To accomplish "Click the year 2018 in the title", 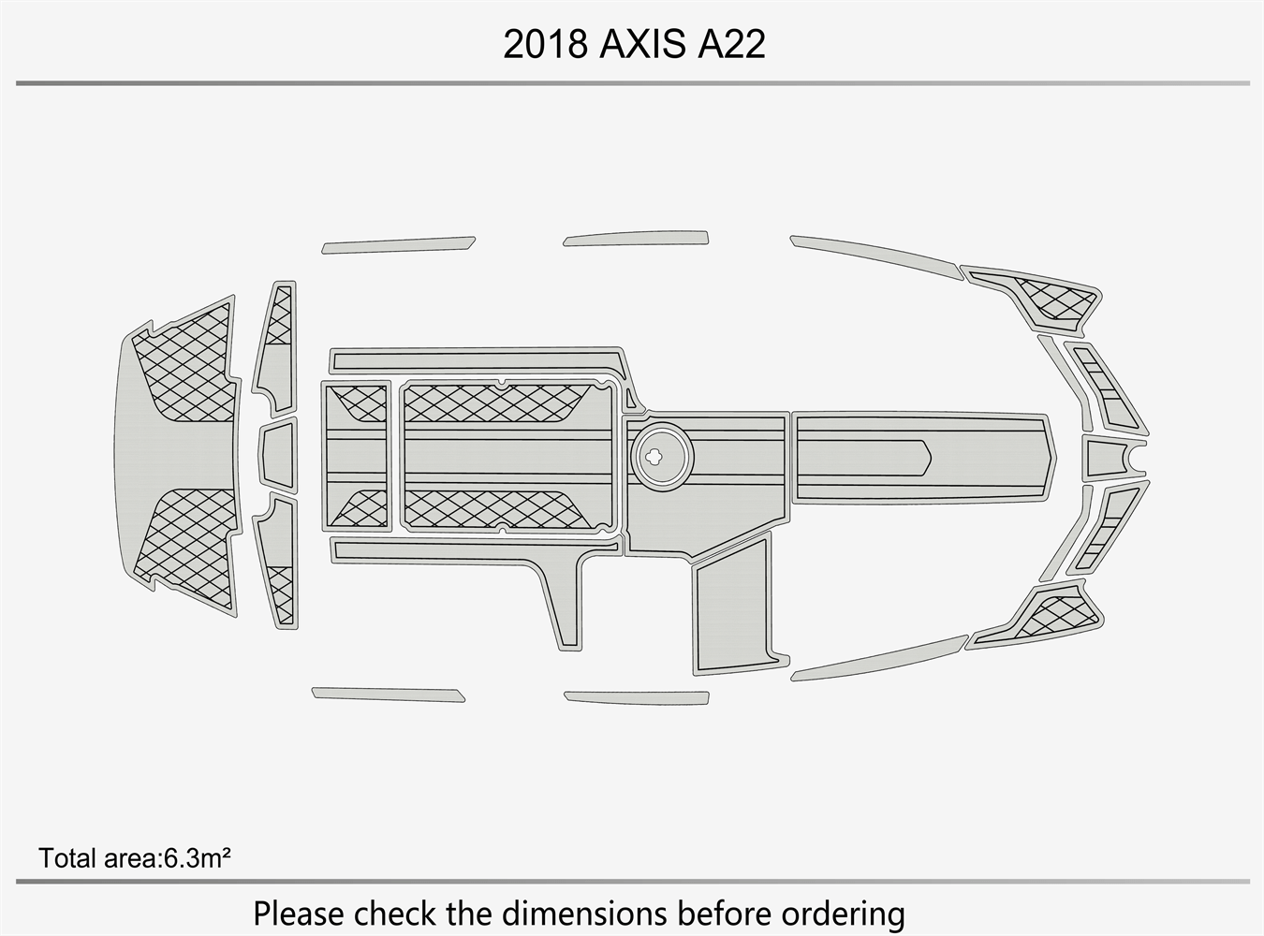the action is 545,44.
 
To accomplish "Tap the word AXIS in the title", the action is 643,44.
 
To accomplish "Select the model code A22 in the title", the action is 731,44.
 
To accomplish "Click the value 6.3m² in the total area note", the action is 198,858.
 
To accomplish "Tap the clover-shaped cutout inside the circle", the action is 654,455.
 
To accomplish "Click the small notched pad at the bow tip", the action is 1111,457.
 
